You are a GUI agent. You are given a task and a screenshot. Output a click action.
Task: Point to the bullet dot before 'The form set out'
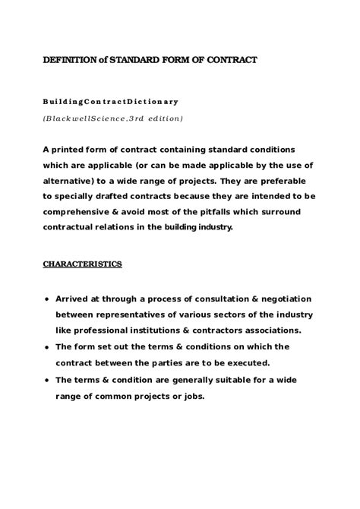pyautogui.click(x=48, y=346)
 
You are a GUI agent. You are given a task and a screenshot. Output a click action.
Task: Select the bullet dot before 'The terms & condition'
pyautogui.click(x=48, y=378)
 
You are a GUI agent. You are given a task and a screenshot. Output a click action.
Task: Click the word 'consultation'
pyautogui.click(x=210, y=299)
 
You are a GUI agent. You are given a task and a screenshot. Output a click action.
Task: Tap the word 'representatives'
pyautogui.click(x=126, y=315)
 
